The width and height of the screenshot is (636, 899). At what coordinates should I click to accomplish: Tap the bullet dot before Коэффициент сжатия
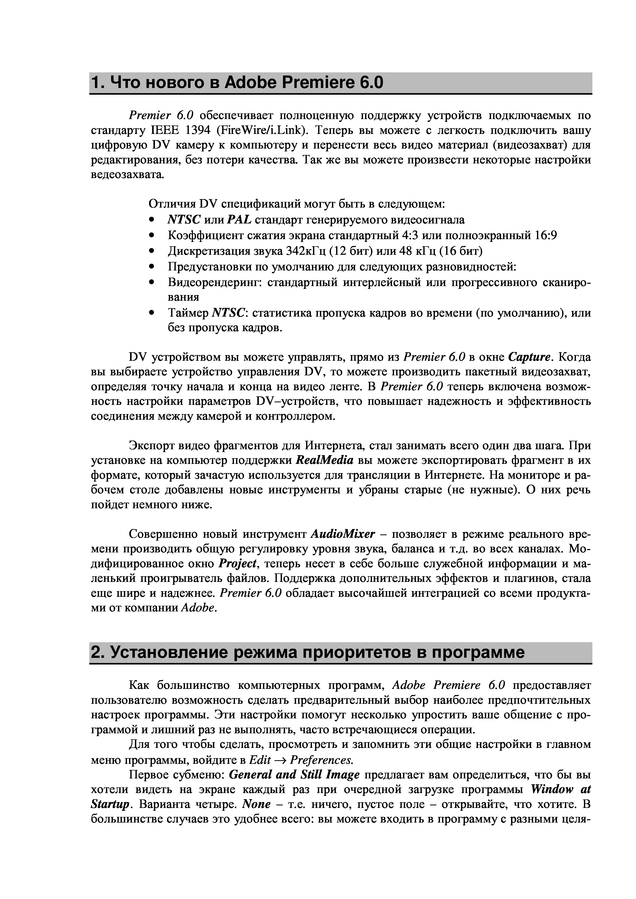[152, 236]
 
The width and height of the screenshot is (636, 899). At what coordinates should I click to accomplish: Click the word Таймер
[188, 313]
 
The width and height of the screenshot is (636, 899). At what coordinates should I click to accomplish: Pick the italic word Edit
[260, 760]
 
